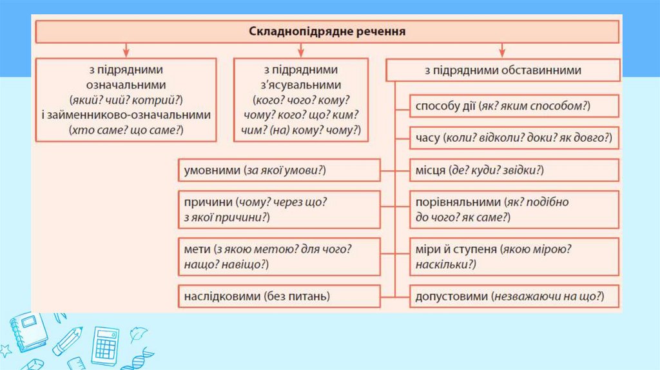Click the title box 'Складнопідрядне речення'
(327, 31)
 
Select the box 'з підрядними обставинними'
(503, 70)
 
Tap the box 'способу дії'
(514, 106)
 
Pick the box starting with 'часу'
(514, 138)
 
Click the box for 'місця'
(514, 170)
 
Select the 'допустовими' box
(514, 297)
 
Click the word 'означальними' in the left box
(126, 85)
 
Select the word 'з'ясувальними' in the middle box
(301, 85)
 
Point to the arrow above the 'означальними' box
(126, 50)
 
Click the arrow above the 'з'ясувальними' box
(301, 50)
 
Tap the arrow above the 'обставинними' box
(503, 50)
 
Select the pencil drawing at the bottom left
(68, 342)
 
